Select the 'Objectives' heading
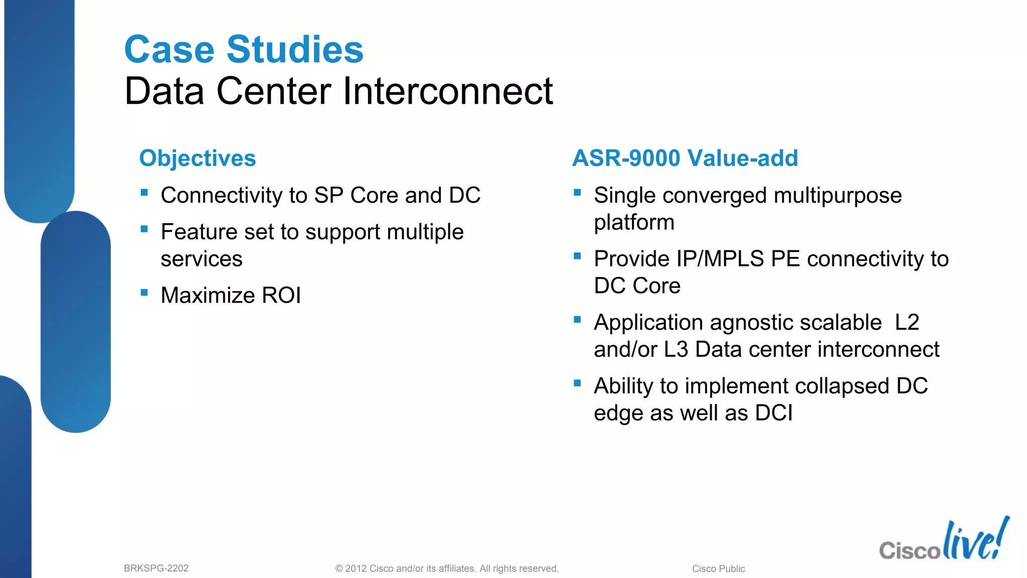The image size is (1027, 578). [x=198, y=158]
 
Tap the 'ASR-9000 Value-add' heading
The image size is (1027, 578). [x=685, y=158]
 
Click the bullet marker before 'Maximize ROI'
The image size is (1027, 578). [x=144, y=293]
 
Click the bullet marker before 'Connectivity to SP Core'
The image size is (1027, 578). [x=144, y=192]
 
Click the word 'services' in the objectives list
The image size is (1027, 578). [x=202, y=259]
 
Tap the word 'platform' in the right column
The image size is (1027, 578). [x=634, y=222]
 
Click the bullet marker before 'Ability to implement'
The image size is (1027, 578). [x=577, y=383]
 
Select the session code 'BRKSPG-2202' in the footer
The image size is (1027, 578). [x=156, y=568]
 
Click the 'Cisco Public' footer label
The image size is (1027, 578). [x=718, y=569]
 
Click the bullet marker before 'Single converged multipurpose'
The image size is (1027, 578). [x=577, y=192]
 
